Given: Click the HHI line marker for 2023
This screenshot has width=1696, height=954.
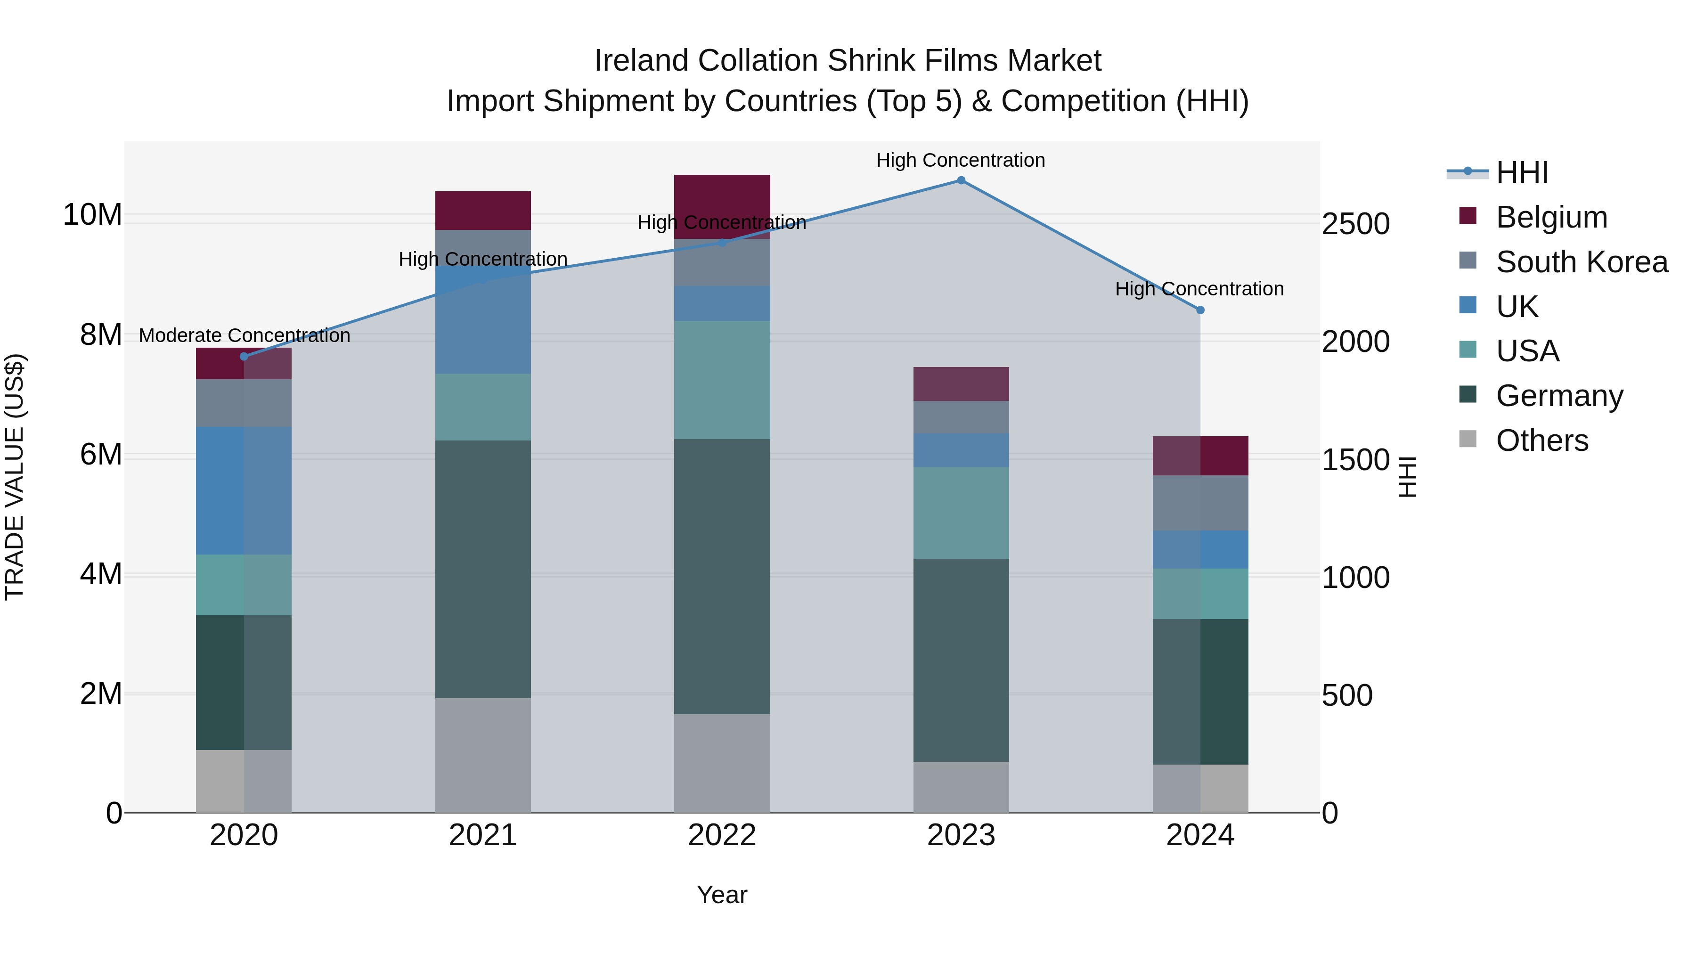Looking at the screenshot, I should [961, 180].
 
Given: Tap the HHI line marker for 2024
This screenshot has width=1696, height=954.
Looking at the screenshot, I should [1199, 310].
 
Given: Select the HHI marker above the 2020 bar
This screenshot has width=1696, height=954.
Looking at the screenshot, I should [244, 356].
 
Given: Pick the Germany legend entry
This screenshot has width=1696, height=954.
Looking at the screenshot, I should [1559, 396].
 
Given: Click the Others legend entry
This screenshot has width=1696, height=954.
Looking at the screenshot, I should [1541, 440].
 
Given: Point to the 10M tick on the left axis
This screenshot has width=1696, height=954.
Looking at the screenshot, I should [92, 215].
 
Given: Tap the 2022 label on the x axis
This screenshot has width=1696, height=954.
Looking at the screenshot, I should [722, 835].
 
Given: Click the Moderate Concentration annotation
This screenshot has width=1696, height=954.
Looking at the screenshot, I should [244, 336].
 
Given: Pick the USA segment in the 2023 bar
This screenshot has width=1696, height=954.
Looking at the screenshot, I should [961, 513].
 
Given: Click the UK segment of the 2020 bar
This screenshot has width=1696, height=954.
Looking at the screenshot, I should [244, 490].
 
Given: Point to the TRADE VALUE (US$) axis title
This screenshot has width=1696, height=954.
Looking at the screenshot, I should [15, 477].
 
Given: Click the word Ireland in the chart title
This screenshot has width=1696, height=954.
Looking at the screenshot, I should [642, 61].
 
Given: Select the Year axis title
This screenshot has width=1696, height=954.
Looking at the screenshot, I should [722, 895].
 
